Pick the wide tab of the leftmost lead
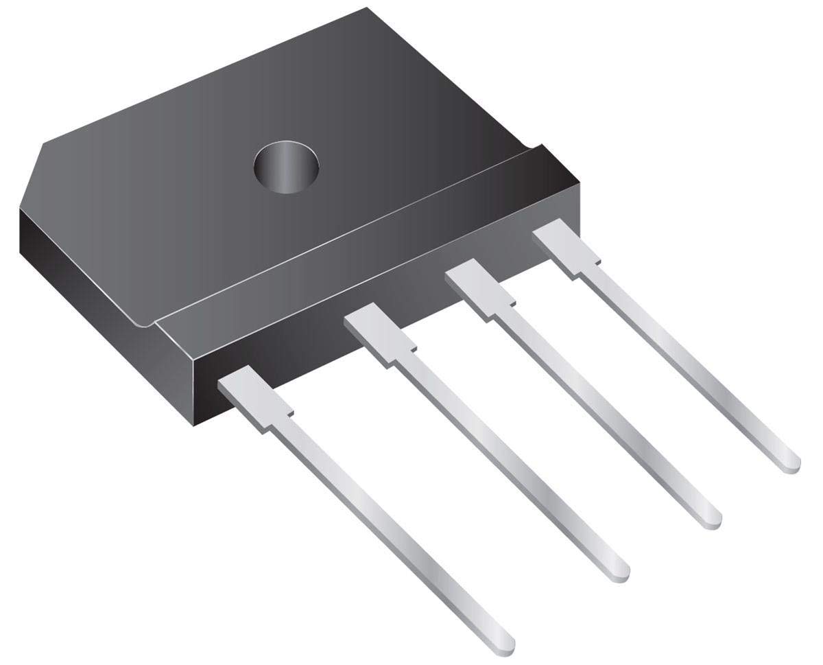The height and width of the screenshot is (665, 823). click(255, 397)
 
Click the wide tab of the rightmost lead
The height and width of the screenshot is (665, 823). click(566, 247)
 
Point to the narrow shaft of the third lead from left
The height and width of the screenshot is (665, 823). click(604, 412)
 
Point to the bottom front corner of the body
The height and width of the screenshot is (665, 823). click(195, 424)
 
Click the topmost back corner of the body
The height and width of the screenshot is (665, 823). click(367, 8)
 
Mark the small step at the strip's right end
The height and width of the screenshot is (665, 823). click(538, 146)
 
